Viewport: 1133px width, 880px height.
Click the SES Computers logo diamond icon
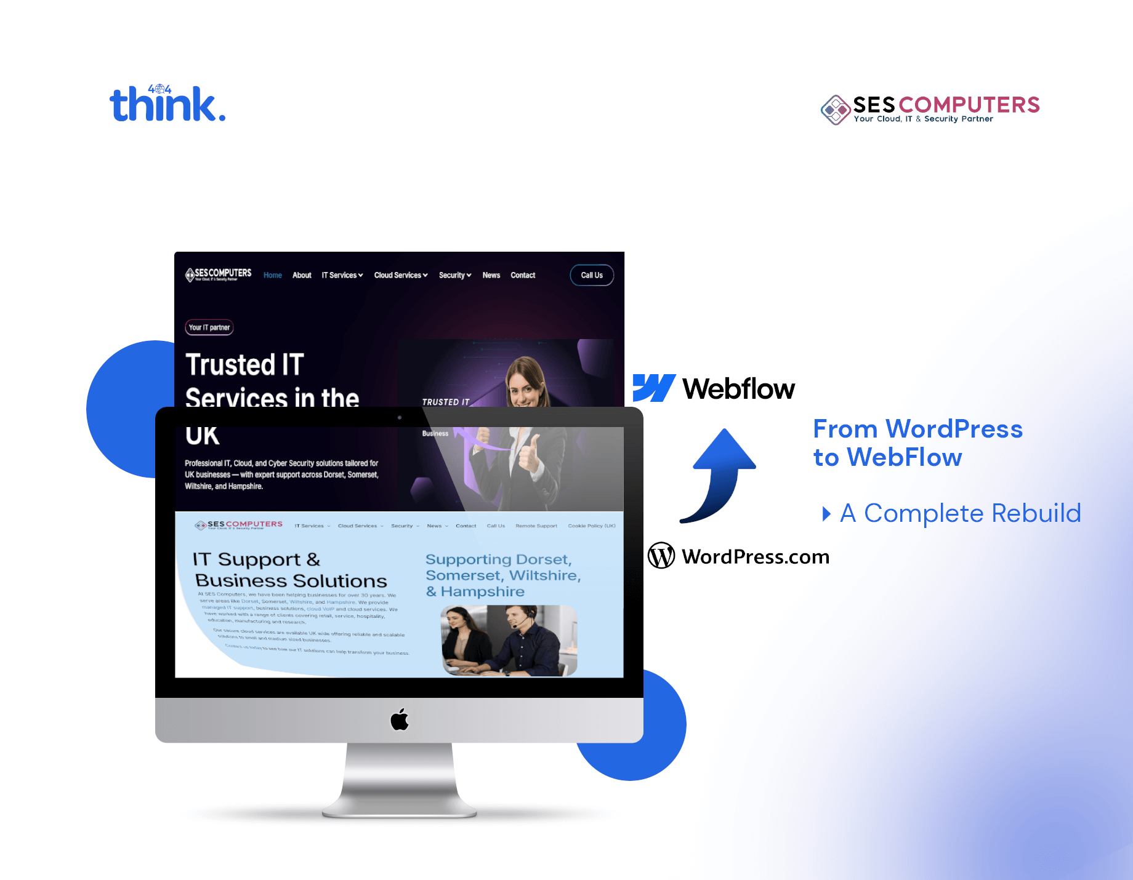[836, 110]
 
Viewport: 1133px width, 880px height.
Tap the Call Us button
[591, 275]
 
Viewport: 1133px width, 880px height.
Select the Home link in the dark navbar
[272, 275]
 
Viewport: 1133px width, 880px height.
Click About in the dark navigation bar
[302, 275]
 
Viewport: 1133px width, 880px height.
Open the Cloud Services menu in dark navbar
[400, 275]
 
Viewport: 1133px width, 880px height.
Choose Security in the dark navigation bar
[454, 275]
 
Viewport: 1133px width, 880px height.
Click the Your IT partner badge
[209, 327]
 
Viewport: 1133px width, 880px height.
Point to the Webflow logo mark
[654, 388]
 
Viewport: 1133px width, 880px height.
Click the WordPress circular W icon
[661, 556]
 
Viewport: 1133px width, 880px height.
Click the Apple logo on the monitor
[400, 719]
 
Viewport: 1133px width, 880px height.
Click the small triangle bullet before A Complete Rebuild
[826, 513]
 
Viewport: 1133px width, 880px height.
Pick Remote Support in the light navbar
[536, 526]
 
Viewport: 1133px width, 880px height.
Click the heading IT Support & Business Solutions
[289, 570]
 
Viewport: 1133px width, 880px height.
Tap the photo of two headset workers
[509, 640]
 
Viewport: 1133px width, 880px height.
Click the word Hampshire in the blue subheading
[482, 591]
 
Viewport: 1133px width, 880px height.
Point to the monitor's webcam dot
[400, 417]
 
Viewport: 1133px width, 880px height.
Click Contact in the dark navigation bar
[523, 275]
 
